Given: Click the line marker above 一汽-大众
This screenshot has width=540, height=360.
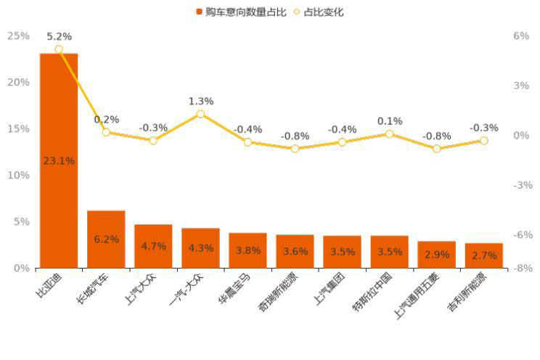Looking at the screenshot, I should coord(200,114).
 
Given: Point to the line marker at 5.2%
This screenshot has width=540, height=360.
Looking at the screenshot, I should coord(59,49).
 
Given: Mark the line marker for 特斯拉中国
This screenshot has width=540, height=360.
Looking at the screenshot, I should coord(389,134).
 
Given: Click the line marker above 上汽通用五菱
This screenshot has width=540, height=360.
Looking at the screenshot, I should coord(436,149).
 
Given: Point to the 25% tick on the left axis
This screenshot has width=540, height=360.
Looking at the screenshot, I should coord(18,36).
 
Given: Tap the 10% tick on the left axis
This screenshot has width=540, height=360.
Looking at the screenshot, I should coord(18,175).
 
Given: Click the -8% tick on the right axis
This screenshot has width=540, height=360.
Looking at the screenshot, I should coord(522,268).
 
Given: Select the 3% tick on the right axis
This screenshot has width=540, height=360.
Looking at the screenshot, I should coord(520,86).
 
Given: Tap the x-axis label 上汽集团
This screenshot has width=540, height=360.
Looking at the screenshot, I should coord(331,287).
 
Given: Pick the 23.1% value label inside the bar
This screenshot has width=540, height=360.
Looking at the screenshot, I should coord(59,160).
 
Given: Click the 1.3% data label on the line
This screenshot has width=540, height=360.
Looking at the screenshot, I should coord(200,101).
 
